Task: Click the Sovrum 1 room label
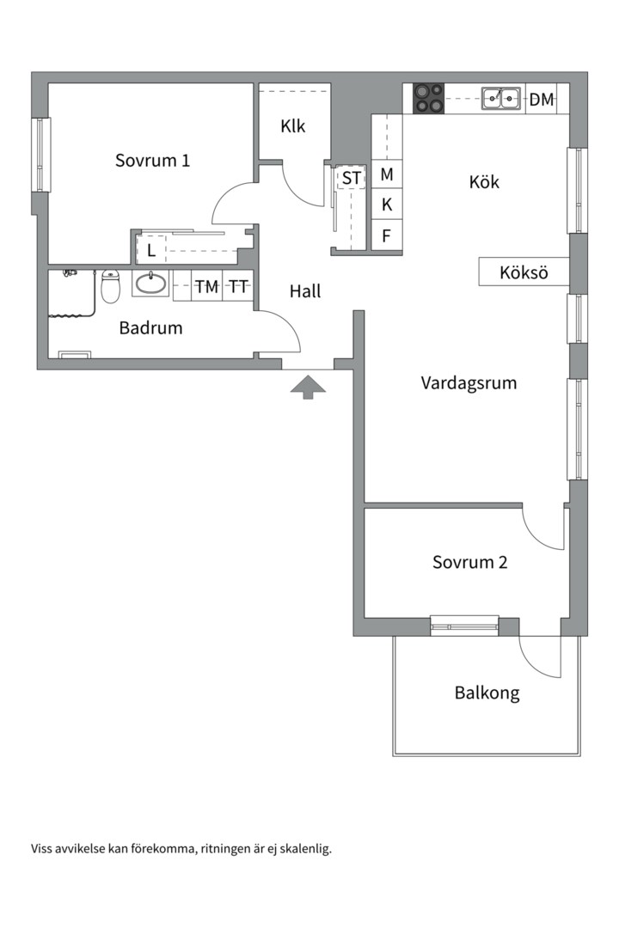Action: pos(152,160)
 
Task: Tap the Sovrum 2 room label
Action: pos(469,563)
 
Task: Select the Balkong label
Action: pos(487,693)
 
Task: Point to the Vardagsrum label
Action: pos(469,383)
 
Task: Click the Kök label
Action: pos(484,182)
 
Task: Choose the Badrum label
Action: pos(150,327)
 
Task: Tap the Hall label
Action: pos(305,291)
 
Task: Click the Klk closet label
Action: pos(293,126)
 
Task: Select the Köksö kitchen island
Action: pos(524,273)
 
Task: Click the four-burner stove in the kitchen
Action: pos(429,99)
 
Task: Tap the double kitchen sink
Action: pos(501,99)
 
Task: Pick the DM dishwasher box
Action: pos(542,100)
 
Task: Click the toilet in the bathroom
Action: pos(110,287)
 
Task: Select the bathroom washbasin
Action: pos(151,284)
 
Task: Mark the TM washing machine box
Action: pos(206,287)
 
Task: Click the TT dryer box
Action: pos(239,287)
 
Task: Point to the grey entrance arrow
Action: pos(308,389)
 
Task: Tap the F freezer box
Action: pos(387,235)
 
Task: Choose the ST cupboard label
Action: pos(352,179)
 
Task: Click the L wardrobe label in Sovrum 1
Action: pos(151,251)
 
